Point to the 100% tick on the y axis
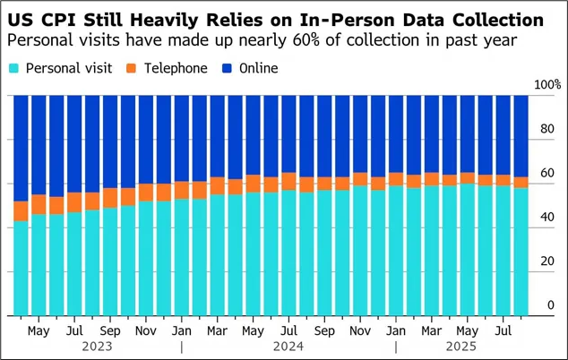(x=546, y=85)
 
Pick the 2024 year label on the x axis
(x=288, y=346)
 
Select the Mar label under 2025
(x=429, y=330)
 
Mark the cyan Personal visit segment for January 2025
(x=395, y=251)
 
